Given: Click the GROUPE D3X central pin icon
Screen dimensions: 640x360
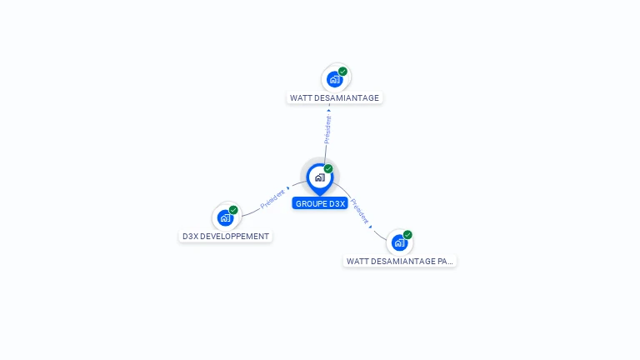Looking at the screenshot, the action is click(x=319, y=177).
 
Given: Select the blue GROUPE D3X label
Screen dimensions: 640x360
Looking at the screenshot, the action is click(x=320, y=203).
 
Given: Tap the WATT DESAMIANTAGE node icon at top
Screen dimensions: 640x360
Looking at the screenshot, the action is click(x=335, y=79).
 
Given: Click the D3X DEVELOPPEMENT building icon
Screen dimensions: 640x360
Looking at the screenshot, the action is click(x=225, y=217).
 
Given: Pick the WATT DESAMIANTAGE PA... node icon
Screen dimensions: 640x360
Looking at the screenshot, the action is click(x=400, y=242).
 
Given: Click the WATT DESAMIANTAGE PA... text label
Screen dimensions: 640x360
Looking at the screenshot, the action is click(x=400, y=261).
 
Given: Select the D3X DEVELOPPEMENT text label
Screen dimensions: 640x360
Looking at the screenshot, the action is click(x=226, y=236).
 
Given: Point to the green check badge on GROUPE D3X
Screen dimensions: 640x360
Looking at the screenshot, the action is click(x=328, y=168).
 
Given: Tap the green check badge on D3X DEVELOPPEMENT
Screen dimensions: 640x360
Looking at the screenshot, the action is click(x=233, y=210).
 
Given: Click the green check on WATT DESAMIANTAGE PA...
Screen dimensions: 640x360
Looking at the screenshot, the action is click(x=407, y=235).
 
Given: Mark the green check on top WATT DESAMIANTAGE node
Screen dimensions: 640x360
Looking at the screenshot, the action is click(x=342, y=72).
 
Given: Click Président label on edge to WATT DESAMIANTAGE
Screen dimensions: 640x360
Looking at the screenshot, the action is click(x=327, y=129).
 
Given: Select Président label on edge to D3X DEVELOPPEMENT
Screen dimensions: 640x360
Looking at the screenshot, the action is click(x=272, y=199).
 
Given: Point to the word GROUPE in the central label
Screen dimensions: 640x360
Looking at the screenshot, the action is click(x=311, y=203).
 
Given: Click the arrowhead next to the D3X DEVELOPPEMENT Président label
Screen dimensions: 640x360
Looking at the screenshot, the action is click(x=288, y=188).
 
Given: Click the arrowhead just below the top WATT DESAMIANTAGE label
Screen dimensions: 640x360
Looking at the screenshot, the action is click(x=329, y=108).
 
